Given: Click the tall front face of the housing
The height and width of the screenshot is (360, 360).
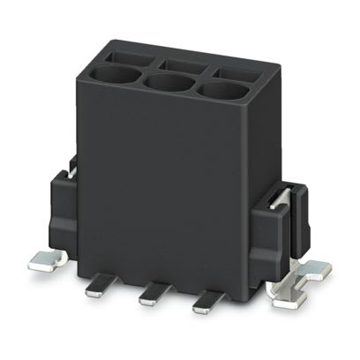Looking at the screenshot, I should point(168,185).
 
